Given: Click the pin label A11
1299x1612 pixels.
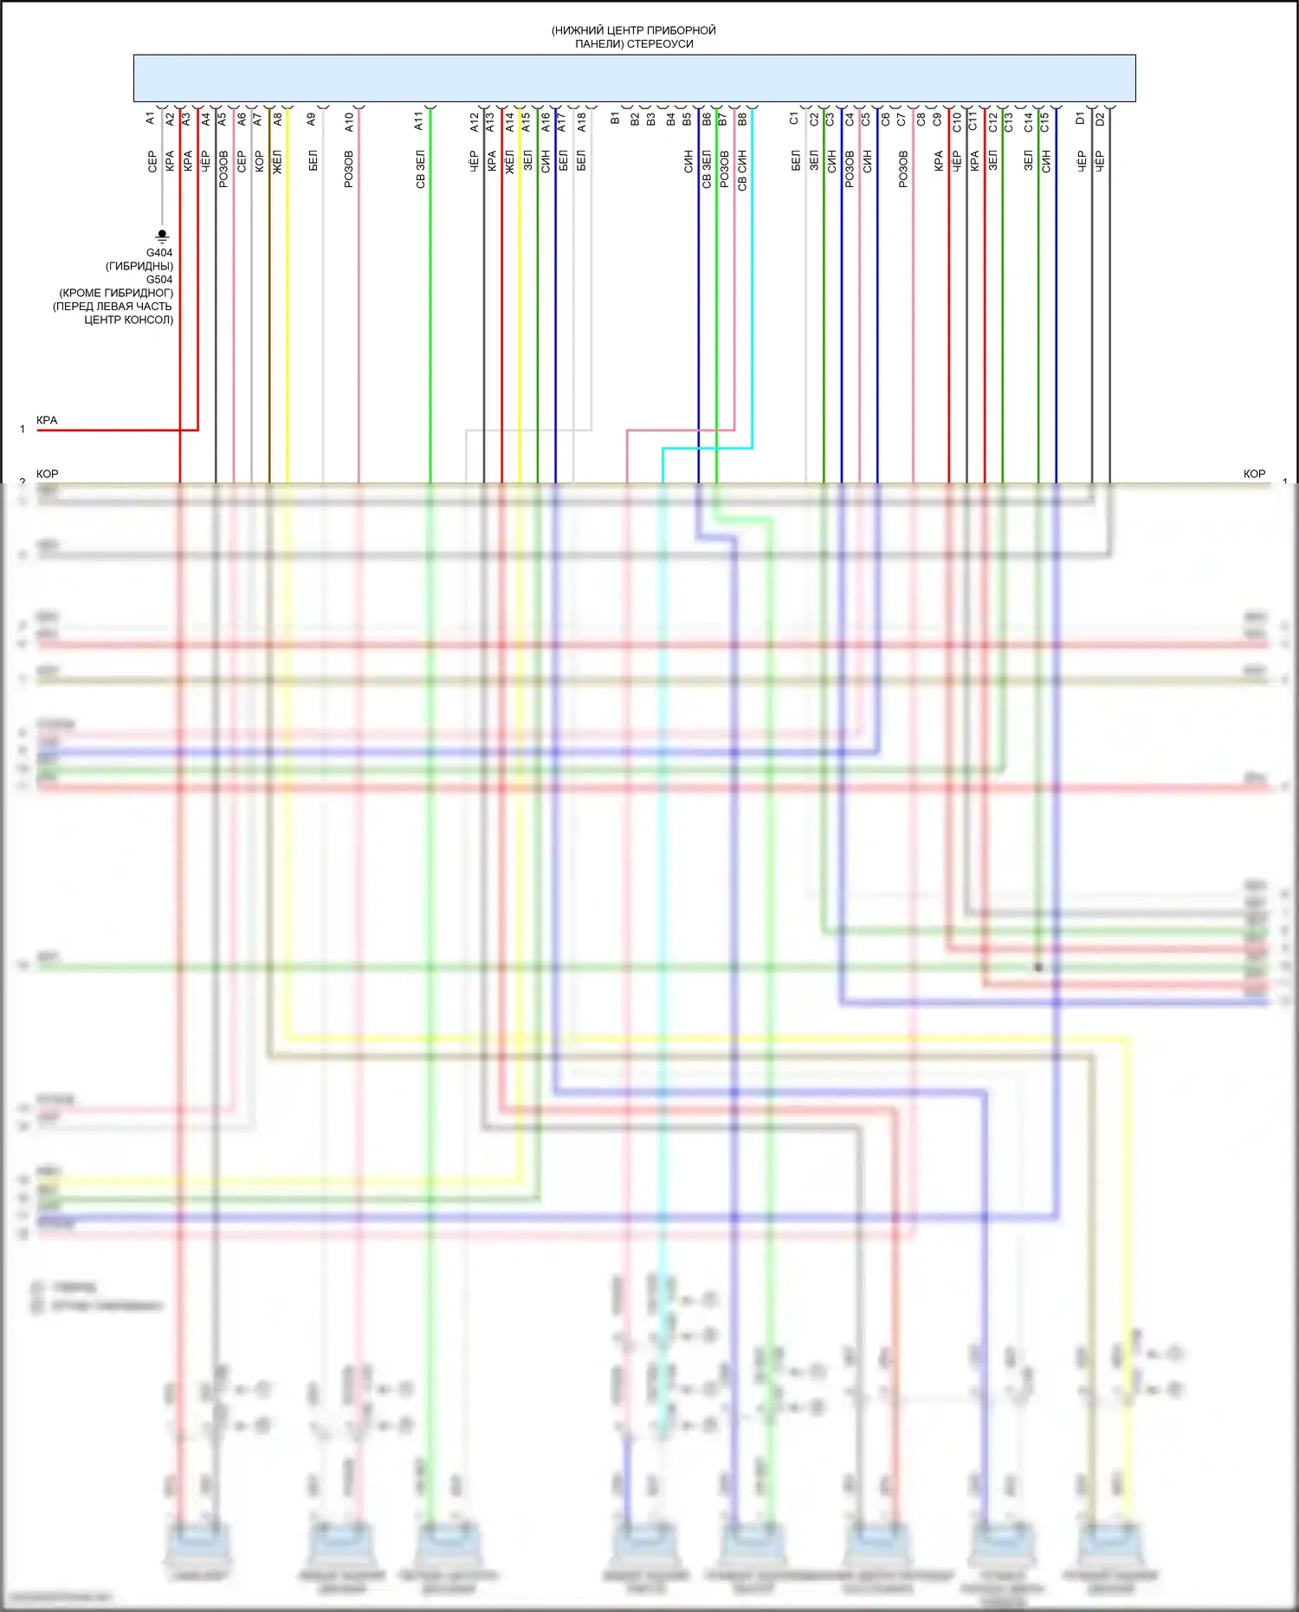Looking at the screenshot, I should pos(418,121).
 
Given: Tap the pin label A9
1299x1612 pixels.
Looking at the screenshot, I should pos(312,120).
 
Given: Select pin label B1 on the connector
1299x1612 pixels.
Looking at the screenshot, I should pos(615,118).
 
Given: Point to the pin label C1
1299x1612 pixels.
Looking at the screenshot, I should pos(794,118).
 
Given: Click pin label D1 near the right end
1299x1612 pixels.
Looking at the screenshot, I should pos(1080,118).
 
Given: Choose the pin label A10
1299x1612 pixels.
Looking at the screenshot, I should pos(349,121).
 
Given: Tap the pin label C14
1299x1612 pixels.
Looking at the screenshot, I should pos(1028,121).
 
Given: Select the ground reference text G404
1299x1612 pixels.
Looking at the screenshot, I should pos(159,253).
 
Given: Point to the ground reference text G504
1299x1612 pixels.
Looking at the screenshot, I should pos(159,280).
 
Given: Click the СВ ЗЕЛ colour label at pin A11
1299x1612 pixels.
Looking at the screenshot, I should pos(420,170).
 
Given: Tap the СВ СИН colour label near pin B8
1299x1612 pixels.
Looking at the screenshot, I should pos(742,170).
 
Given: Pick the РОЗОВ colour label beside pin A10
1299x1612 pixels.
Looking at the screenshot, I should pos(349,169).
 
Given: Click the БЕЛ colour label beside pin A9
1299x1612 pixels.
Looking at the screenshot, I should pos(313,160).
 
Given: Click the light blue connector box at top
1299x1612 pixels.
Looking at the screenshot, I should pos(634,78).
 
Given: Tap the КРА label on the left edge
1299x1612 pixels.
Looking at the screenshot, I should pos(47,421).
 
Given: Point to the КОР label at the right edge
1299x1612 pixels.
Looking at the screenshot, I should pos(1254,475).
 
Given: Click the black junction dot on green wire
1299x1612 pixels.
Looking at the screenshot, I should pos(1038,967).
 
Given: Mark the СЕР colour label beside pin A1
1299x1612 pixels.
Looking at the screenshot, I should pos(152,161).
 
